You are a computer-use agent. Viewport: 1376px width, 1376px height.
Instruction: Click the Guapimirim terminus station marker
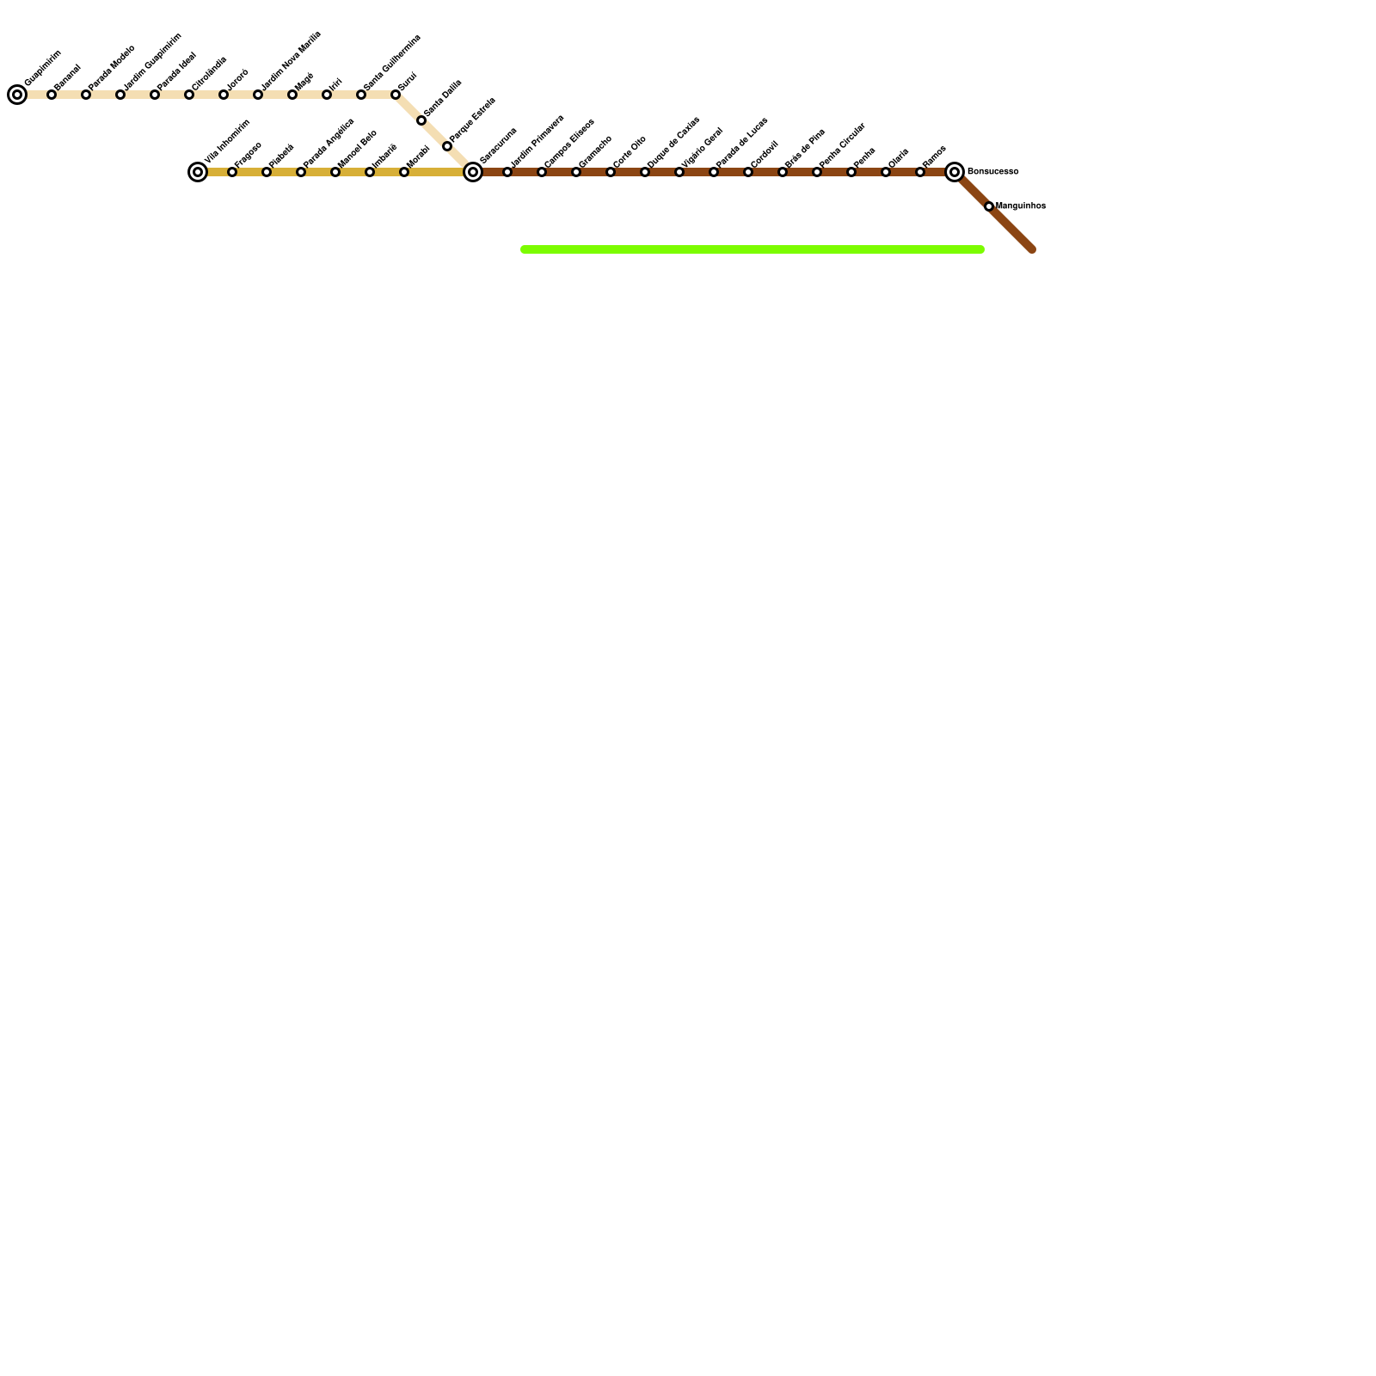tap(17, 95)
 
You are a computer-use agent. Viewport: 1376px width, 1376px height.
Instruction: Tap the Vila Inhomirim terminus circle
tap(198, 172)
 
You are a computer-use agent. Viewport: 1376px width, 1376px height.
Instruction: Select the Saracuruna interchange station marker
tap(473, 172)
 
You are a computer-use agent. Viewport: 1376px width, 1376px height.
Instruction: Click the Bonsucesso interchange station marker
tap(955, 172)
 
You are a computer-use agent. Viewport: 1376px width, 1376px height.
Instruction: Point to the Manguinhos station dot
tap(989, 206)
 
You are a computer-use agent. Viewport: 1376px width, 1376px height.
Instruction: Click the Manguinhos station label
tap(1021, 206)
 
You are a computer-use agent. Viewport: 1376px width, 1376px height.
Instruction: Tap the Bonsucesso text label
tap(993, 172)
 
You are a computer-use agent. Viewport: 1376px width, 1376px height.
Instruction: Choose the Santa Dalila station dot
tap(421, 120)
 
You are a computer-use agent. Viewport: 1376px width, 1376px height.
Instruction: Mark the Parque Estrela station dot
tap(447, 146)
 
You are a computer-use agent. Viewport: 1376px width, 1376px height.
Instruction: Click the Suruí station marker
tap(396, 95)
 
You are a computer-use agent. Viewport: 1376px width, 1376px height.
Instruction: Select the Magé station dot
tap(292, 95)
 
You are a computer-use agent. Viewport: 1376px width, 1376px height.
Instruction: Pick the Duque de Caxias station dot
tap(645, 172)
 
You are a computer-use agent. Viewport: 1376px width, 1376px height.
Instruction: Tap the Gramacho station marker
tap(576, 172)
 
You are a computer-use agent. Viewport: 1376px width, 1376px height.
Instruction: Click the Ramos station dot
tap(920, 172)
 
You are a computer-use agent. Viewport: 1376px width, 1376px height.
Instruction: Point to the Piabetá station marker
tap(267, 172)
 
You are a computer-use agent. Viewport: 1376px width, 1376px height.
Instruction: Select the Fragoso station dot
tap(232, 172)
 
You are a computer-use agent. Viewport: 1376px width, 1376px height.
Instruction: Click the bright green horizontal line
tap(752, 249)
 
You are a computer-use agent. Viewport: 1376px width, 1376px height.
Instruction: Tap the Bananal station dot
tap(52, 95)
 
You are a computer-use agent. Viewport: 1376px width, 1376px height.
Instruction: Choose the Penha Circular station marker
tap(817, 172)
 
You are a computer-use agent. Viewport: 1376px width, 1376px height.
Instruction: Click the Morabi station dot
tap(404, 172)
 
